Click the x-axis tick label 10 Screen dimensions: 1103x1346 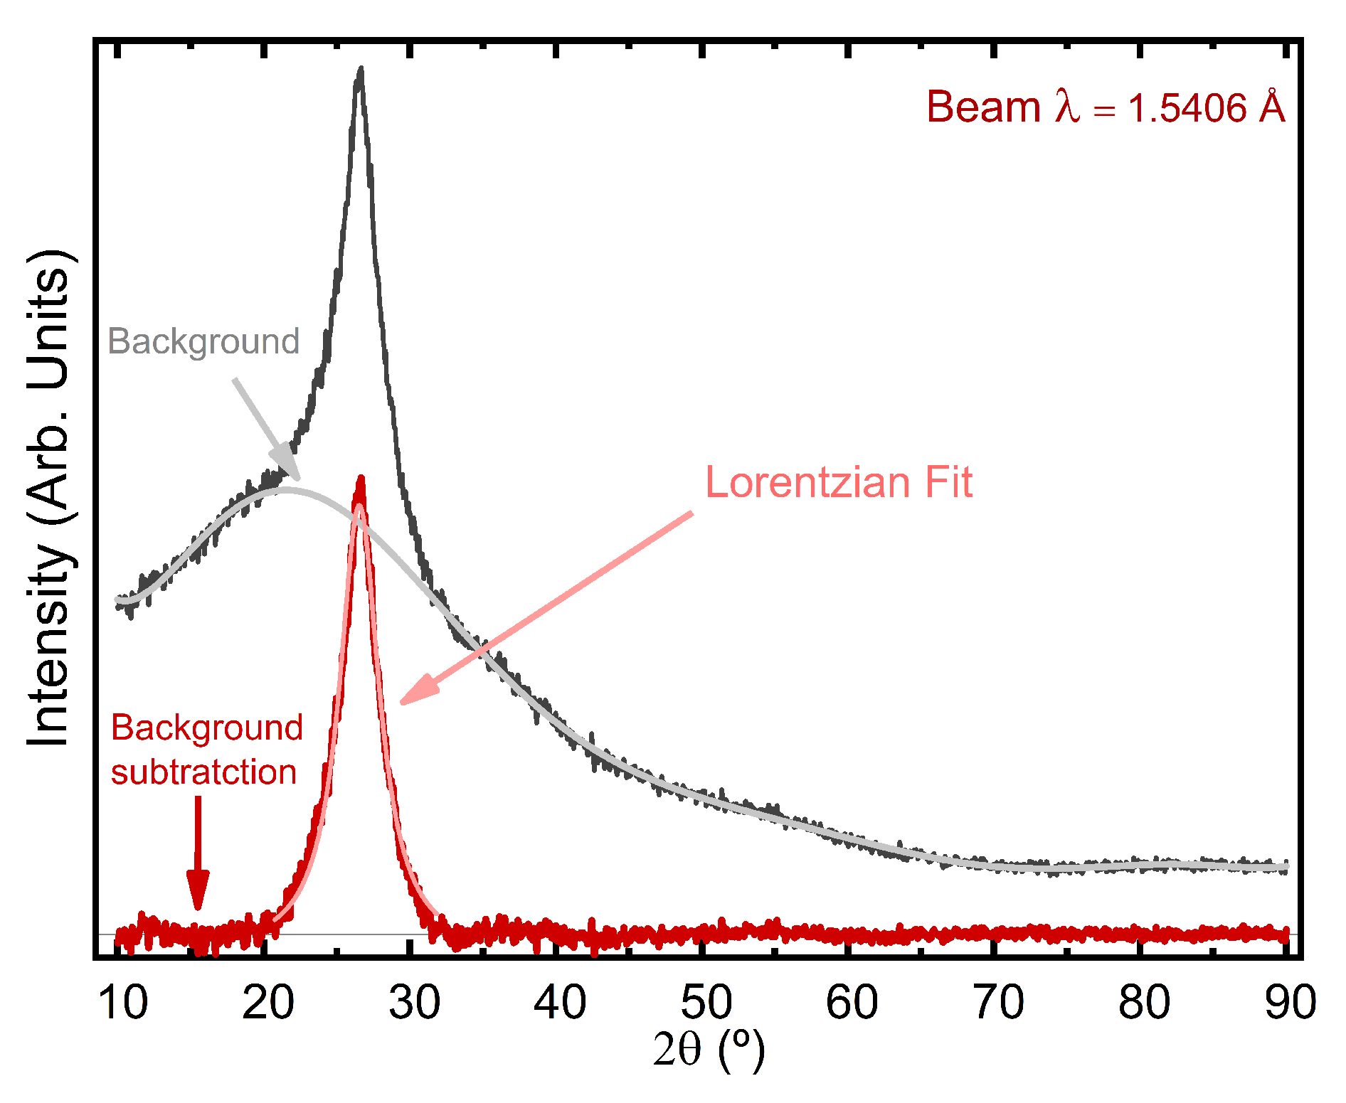(x=122, y=1003)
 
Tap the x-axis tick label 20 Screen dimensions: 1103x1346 (x=267, y=1003)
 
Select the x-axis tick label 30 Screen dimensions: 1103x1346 (x=414, y=1003)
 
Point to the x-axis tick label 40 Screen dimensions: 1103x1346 (x=560, y=1003)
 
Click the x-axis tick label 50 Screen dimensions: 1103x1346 (x=706, y=1003)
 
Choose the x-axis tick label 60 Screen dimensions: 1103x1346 (x=852, y=1003)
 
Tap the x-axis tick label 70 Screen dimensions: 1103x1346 (x=998, y=1003)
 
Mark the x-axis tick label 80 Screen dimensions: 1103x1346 (x=1144, y=1003)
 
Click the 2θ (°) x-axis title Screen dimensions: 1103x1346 (x=709, y=1050)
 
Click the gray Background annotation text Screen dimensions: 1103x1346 (x=203, y=341)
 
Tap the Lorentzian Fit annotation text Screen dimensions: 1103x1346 (x=838, y=483)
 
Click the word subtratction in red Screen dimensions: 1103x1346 (x=203, y=772)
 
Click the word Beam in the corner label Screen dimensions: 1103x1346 (x=983, y=108)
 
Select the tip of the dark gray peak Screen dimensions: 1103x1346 (x=361, y=70)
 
